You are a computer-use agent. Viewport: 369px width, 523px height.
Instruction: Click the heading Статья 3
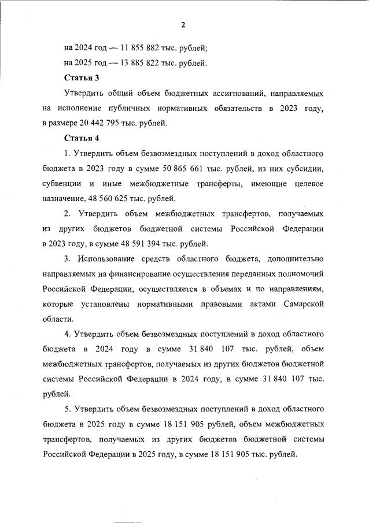(x=82, y=78)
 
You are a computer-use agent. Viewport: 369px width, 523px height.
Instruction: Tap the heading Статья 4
(x=82, y=138)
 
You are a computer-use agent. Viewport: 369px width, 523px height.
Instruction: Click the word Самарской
(x=302, y=304)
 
